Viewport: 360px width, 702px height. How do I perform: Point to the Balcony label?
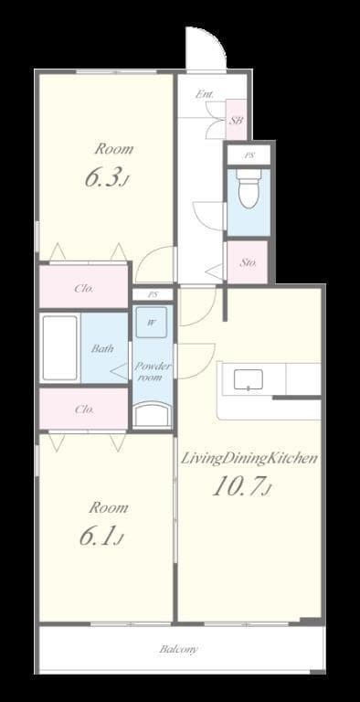(x=179, y=650)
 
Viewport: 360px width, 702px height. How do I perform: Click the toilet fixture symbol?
(x=247, y=189)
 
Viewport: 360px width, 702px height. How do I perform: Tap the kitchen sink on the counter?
(x=249, y=379)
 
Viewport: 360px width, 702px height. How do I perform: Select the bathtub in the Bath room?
(x=60, y=348)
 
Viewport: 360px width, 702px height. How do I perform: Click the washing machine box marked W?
(x=151, y=323)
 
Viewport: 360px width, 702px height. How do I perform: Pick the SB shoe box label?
(x=236, y=120)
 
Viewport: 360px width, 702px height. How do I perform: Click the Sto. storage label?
(x=249, y=262)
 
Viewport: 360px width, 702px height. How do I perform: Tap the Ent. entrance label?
(x=206, y=94)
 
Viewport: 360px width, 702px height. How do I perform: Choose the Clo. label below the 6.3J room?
(x=83, y=289)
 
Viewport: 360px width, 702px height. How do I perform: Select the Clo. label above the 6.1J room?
(x=83, y=409)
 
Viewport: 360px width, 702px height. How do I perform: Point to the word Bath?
(x=101, y=348)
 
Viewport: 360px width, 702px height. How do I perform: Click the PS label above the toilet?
(x=248, y=155)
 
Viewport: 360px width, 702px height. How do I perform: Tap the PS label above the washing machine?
(x=153, y=294)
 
